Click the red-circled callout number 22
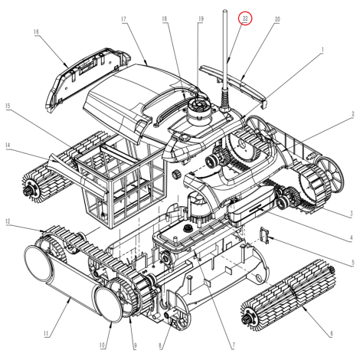[245, 18]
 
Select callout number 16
[36, 31]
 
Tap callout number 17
[124, 19]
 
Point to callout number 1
[322, 49]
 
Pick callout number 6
[332, 333]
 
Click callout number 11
[46, 334]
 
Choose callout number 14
[8, 146]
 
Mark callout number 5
[353, 262]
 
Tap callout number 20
[277, 19]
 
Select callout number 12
[8, 221]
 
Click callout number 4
[352, 238]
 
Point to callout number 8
[160, 346]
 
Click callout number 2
[353, 114]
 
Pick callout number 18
[165, 18]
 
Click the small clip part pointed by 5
[264, 235]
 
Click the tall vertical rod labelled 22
[225, 61]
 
